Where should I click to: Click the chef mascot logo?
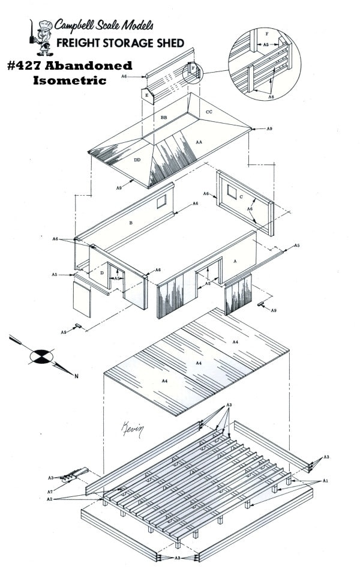click(x=41, y=37)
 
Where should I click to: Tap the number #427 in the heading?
click(x=25, y=66)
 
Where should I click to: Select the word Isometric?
click(x=70, y=80)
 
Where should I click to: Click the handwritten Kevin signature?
click(x=132, y=430)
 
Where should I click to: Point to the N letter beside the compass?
click(x=77, y=376)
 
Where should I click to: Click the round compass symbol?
click(x=41, y=356)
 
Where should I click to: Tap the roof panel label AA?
click(x=199, y=142)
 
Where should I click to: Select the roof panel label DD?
click(x=137, y=160)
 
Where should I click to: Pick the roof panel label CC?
click(x=209, y=112)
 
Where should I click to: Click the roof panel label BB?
click(x=164, y=118)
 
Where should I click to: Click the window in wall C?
click(x=232, y=192)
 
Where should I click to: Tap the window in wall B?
click(x=161, y=202)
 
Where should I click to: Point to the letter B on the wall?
click(x=131, y=223)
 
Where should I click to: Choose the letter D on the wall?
click(x=102, y=273)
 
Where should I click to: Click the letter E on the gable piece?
click(x=147, y=95)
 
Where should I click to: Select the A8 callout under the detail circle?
click(x=271, y=97)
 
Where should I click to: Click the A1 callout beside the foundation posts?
click(x=325, y=481)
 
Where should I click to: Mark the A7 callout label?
click(x=50, y=492)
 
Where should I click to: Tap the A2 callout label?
click(x=50, y=499)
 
